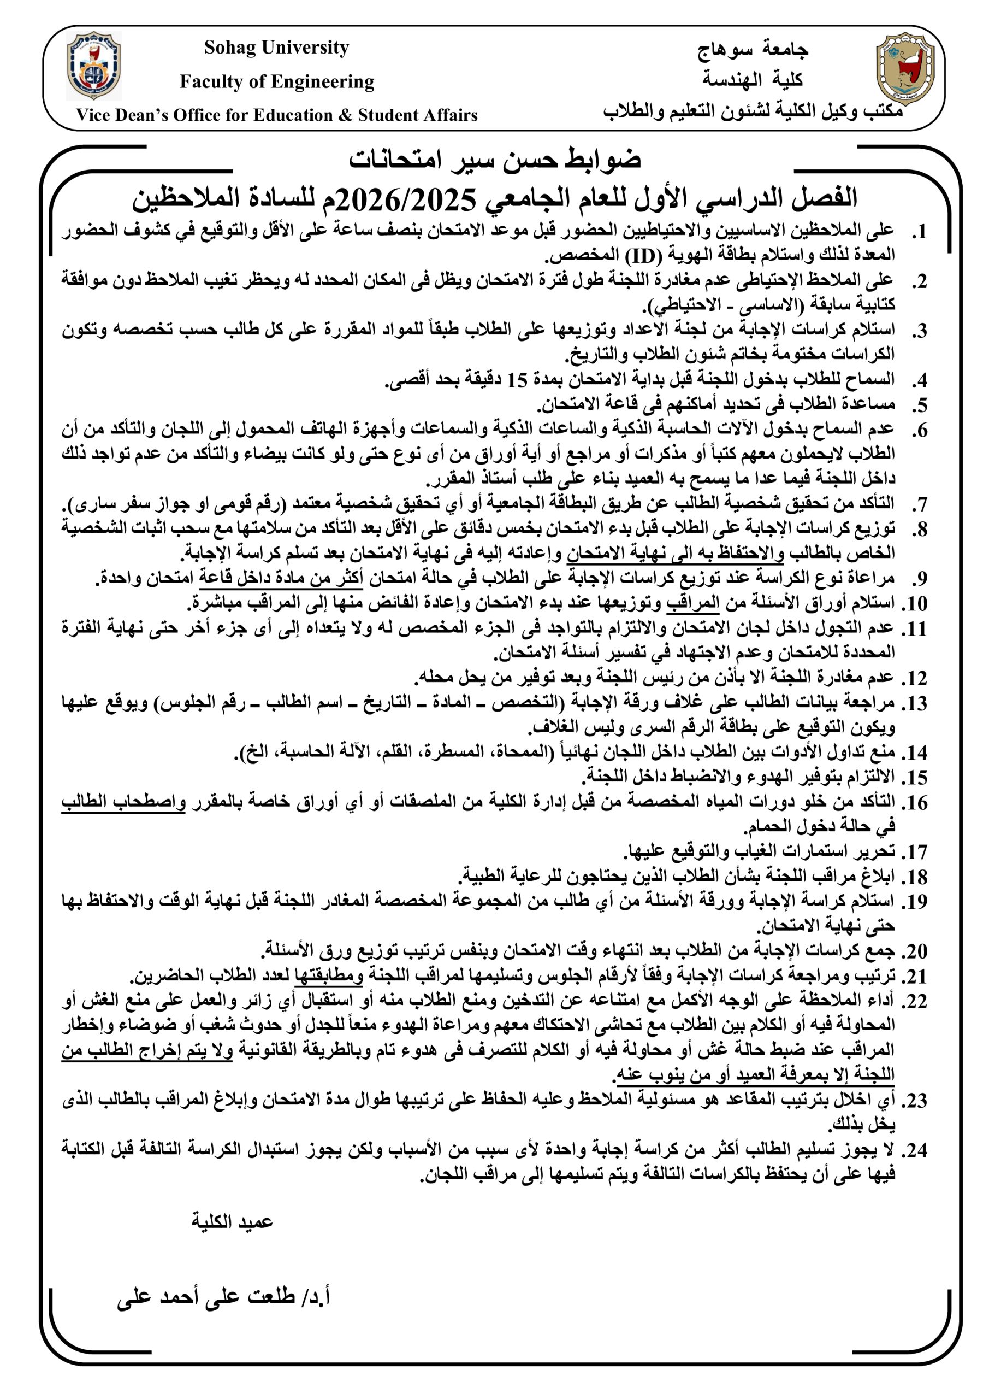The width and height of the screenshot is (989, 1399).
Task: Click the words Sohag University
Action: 276,48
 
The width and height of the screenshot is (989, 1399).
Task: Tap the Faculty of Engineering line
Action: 276,81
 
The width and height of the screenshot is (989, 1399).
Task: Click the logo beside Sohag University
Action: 94,65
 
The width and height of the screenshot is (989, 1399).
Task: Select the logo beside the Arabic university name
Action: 904,68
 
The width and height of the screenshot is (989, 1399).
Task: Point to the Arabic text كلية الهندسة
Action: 753,79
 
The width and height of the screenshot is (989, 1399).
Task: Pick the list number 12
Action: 915,678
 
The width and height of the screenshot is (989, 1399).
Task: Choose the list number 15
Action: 915,778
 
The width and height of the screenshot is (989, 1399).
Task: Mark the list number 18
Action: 915,878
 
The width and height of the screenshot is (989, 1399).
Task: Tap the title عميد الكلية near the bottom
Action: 232,1222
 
